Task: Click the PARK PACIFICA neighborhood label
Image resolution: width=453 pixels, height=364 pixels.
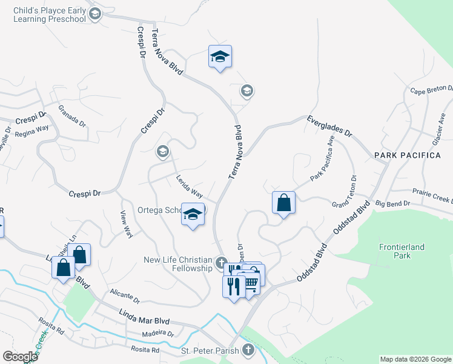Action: coord(407,156)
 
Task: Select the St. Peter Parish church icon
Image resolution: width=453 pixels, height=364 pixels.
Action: coord(247,349)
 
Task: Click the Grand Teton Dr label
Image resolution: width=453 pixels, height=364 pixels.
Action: coord(353,190)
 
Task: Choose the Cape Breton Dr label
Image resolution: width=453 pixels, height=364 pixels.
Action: coord(431,91)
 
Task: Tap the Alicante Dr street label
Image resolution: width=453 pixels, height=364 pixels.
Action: coord(125,296)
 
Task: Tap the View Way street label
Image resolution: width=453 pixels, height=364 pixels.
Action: coord(126,224)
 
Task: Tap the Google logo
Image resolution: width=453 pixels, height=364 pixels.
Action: coord(20,357)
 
